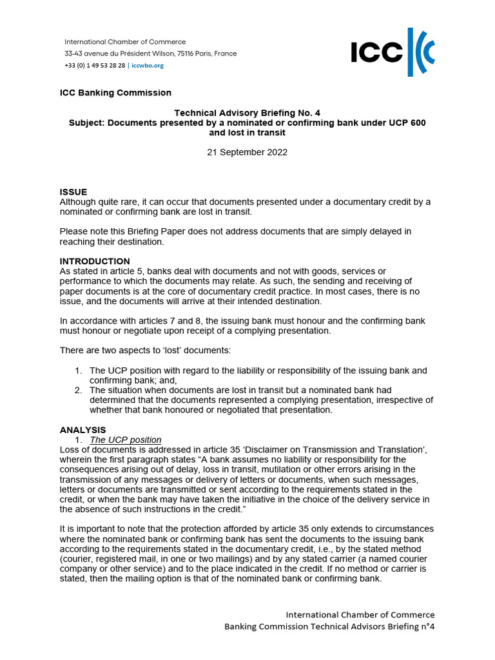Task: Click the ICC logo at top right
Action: click(393, 52)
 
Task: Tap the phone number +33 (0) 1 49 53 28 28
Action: click(95, 65)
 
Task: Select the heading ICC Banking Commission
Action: click(115, 93)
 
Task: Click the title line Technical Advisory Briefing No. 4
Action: click(247, 113)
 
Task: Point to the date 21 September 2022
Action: click(247, 153)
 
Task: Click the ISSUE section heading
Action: click(73, 192)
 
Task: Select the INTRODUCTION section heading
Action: click(95, 261)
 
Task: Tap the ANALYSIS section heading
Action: click(82, 430)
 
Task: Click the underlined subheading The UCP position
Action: click(125, 440)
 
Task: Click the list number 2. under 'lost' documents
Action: click(77, 390)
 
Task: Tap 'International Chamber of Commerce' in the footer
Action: click(360, 615)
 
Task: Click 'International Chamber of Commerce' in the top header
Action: click(125, 42)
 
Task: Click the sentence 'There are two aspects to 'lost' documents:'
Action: click(146, 350)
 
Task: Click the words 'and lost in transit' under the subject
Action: click(247, 133)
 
